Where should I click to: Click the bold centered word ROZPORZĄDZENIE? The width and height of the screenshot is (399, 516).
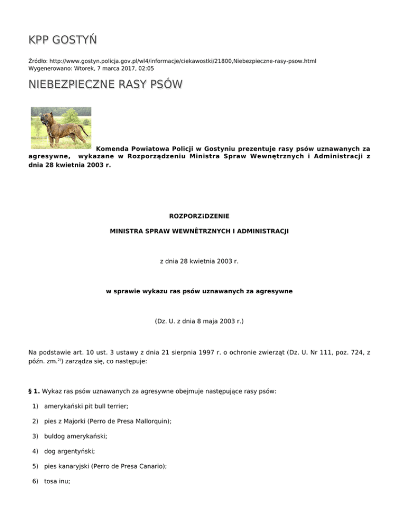(199, 215)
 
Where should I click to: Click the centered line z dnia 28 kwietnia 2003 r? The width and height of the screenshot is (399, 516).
(199, 261)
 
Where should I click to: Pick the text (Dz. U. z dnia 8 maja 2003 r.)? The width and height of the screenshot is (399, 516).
(199, 321)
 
